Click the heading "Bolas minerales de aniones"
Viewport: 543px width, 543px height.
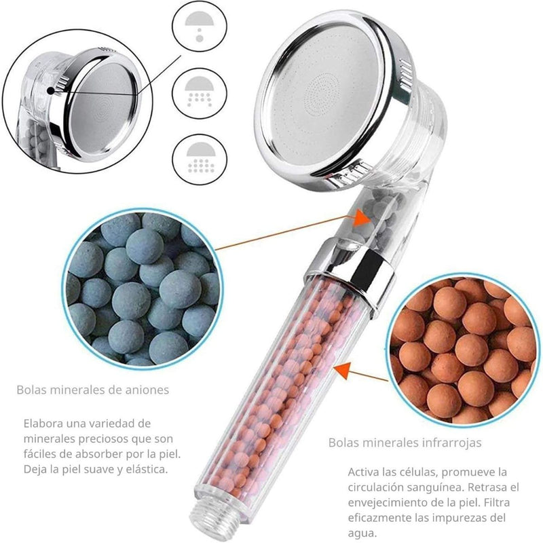pyautogui.click(x=93, y=390)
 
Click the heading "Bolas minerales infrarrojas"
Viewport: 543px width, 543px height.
pyautogui.click(x=405, y=443)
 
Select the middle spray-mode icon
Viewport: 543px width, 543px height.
pyautogui.click(x=200, y=92)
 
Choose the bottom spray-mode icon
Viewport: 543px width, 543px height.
pyautogui.click(x=200, y=160)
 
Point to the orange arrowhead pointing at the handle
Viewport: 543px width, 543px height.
pyautogui.click(x=341, y=370)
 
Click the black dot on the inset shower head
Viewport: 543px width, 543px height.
pyautogui.click(x=51, y=91)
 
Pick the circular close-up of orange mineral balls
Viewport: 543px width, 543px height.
pyautogui.click(x=464, y=350)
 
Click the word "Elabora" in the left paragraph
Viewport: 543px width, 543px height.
pyautogui.click(x=43, y=423)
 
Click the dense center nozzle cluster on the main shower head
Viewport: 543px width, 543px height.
pyautogui.click(x=320, y=93)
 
